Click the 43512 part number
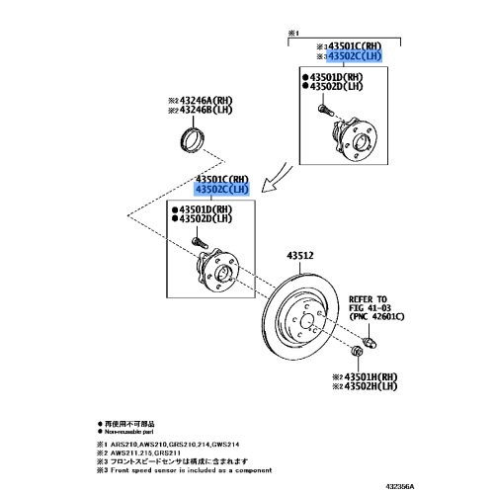tap(300, 256)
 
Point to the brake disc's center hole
tap(303, 321)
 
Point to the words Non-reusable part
tap(129, 430)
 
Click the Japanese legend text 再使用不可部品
tap(128, 422)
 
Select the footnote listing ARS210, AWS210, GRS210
tap(162, 444)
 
